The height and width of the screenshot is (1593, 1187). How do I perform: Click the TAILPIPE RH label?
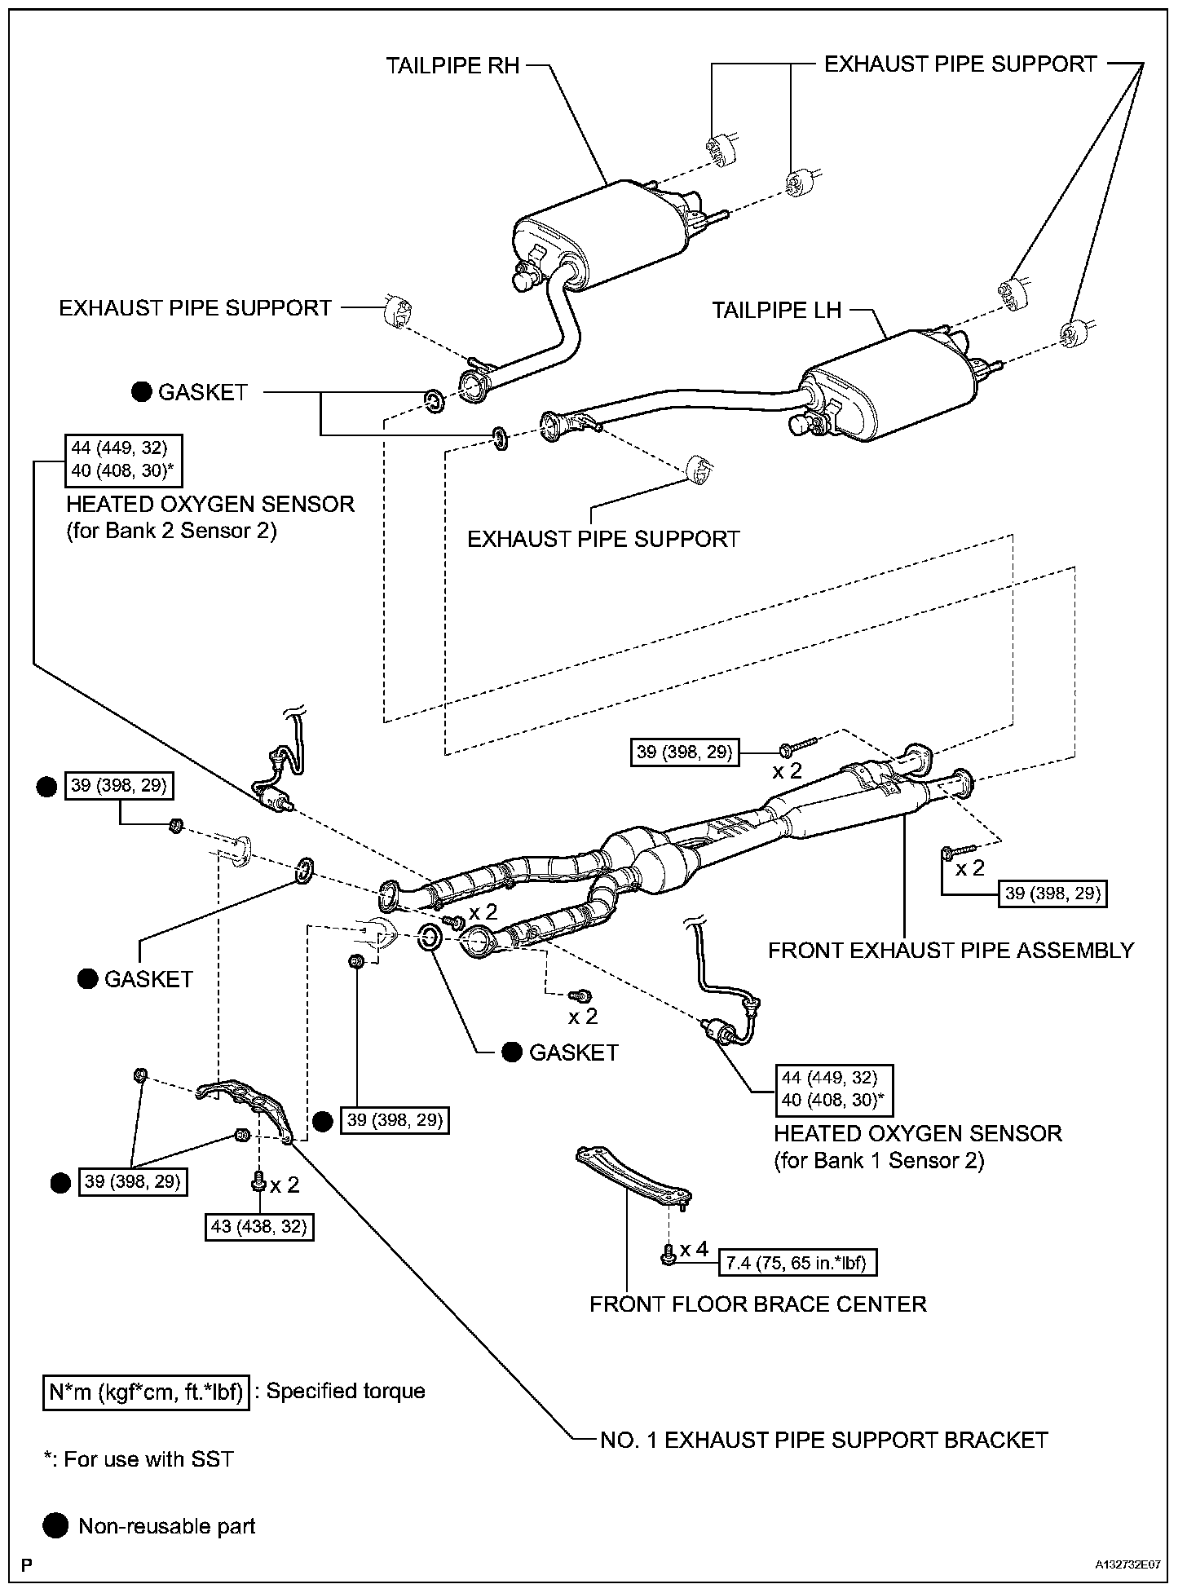[x=452, y=66]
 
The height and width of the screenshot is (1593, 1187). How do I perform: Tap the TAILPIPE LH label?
[x=776, y=311]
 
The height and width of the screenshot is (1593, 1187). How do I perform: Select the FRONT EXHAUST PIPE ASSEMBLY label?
[x=951, y=950]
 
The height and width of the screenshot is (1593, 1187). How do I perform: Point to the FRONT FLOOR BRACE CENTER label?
[x=757, y=1304]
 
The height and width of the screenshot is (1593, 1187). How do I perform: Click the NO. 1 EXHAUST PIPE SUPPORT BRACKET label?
[x=823, y=1440]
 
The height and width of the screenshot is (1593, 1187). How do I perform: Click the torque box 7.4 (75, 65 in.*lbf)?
[x=796, y=1263]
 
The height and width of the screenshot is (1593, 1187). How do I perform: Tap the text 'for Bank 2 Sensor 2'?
[x=171, y=531]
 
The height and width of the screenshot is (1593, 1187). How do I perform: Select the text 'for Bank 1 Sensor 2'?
[x=879, y=1160]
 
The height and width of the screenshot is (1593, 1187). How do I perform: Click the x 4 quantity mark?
[x=695, y=1249]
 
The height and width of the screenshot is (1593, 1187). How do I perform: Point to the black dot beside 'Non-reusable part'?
[x=57, y=1526]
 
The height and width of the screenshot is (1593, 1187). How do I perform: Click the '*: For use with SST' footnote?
[x=139, y=1459]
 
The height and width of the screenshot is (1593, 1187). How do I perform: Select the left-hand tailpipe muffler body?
[x=889, y=383]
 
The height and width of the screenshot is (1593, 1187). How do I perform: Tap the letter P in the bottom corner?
[x=27, y=1565]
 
